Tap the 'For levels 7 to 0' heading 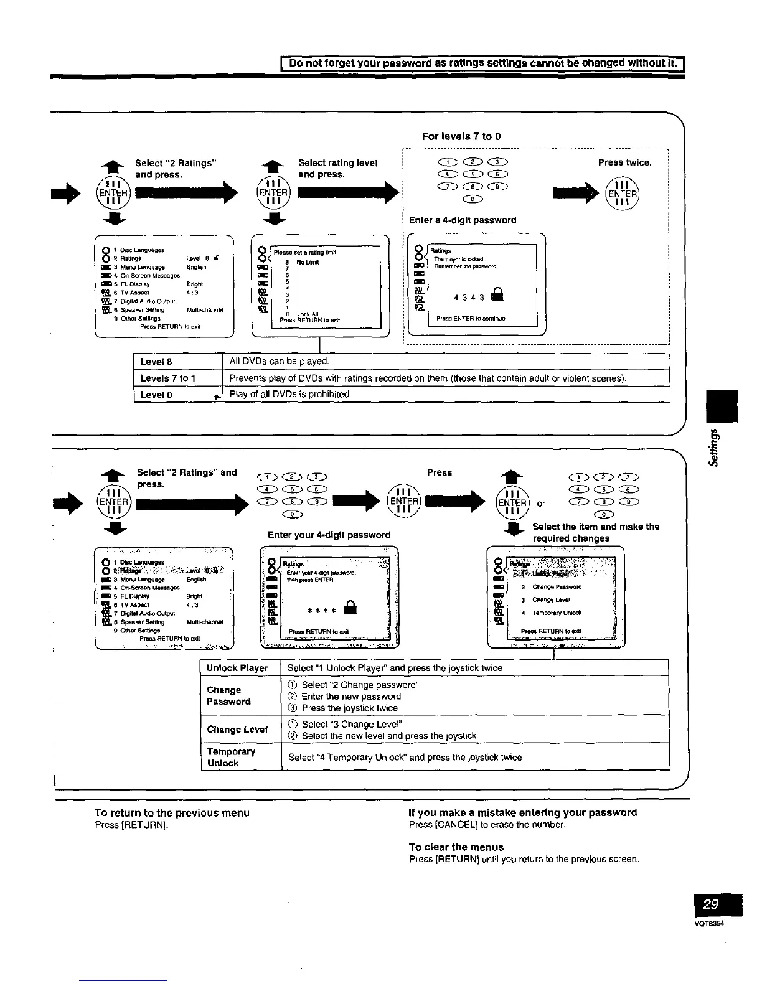point(461,136)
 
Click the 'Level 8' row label point(156,362)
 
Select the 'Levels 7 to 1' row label point(168,378)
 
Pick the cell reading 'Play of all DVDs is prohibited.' point(291,395)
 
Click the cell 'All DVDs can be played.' point(279,362)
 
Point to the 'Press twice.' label point(624,162)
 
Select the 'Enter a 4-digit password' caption point(463,220)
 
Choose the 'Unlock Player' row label point(237,668)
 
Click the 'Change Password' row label point(228,696)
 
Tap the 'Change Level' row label point(237,730)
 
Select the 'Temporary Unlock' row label point(231,757)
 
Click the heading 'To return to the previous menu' point(172,813)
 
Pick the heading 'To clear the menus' point(456,847)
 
